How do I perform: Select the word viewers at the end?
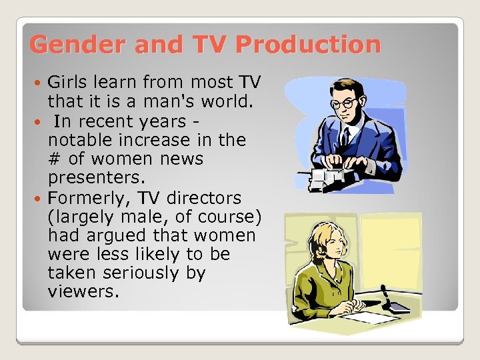pyautogui.click(x=81, y=292)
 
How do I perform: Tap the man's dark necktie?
pyautogui.click(x=345, y=137)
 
